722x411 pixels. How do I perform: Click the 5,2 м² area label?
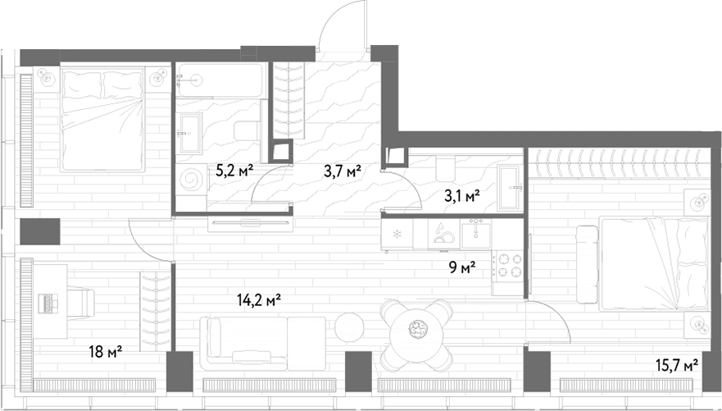[x=234, y=171]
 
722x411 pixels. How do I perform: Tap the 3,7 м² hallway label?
[x=342, y=171]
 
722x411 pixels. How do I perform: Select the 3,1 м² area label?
[x=462, y=196]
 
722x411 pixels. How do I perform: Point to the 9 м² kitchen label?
[x=462, y=267]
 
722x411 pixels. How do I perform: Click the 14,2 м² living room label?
[x=259, y=300]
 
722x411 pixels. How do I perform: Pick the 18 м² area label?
[x=106, y=353]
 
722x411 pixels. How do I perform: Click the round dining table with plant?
[x=416, y=329]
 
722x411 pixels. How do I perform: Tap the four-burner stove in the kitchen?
[x=508, y=267]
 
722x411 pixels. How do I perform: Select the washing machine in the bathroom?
[x=192, y=180]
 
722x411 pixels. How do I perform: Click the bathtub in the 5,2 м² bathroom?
[x=220, y=80]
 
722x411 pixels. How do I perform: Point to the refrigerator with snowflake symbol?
[x=397, y=234]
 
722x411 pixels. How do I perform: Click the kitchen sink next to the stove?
[x=476, y=234]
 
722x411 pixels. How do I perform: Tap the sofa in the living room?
[x=262, y=343]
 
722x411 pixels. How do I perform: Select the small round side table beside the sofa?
[x=349, y=327]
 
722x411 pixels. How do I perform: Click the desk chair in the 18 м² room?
[x=82, y=302]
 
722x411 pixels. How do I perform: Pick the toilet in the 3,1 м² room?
[x=444, y=168]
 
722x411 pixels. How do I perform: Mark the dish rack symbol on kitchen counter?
[x=444, y=234]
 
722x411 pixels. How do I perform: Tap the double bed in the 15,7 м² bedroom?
[x=653, y=263]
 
